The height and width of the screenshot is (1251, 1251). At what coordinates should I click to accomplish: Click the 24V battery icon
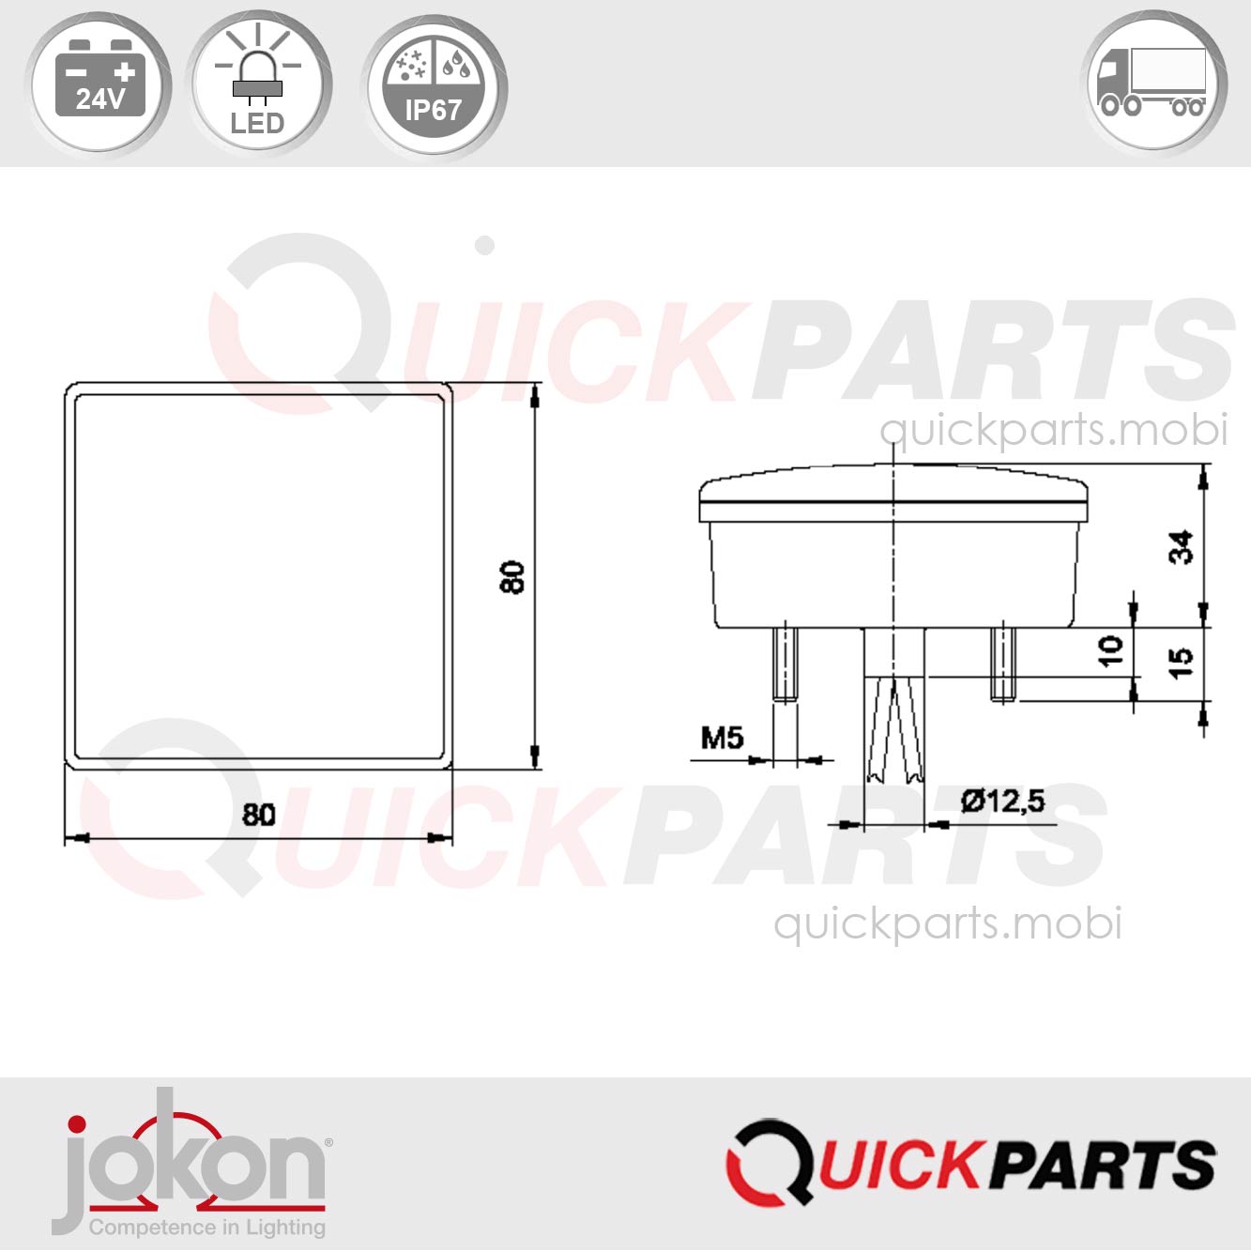(99, 84)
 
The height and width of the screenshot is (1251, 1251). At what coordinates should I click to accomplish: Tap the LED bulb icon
(258, 84)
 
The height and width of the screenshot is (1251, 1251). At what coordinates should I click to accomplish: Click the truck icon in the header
(1154, 84)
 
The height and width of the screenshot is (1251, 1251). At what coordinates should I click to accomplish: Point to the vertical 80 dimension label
(512, 576)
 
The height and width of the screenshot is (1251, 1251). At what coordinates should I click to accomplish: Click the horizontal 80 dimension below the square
(259, 814)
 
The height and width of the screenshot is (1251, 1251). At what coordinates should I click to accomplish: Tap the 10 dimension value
(1110, 650)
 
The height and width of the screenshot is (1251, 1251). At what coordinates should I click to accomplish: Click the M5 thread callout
(722, 738)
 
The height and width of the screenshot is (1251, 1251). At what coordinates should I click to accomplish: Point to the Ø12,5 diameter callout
(1002, 801)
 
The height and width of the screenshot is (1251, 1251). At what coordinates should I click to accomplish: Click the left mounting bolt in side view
(785, 664)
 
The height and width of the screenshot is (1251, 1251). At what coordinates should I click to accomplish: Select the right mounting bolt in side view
(1002, 664)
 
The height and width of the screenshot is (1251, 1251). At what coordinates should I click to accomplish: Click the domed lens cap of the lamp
(893, 490)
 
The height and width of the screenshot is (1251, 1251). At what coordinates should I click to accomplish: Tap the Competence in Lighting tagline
(206, 1228)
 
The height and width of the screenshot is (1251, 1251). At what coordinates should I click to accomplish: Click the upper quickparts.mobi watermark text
(1053, 430)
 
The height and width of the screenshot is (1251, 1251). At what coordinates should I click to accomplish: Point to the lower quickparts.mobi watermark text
(947, 923)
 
